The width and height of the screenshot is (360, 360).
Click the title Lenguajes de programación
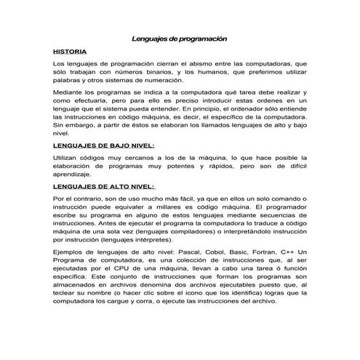tap(180, 38)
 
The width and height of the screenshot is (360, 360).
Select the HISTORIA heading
tap(71, 52)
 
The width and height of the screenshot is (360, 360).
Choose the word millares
tap(180, 207)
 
